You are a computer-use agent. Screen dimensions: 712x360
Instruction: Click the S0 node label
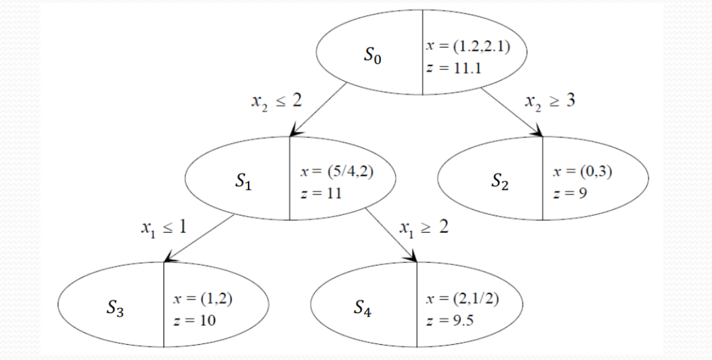click(372, 56)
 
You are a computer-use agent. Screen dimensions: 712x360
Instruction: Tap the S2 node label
click(500, 182)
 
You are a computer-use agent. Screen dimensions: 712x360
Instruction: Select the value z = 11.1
click(448, 69)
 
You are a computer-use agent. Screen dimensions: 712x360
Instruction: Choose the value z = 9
click(570, 195)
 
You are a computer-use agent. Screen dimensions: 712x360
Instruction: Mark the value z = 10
click(193, 321)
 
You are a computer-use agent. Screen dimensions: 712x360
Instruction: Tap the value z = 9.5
click(451, 321)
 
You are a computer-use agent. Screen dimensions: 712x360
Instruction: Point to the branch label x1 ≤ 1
click(163, 228)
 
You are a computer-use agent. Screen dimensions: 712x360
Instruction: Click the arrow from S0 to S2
click(511, 111)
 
